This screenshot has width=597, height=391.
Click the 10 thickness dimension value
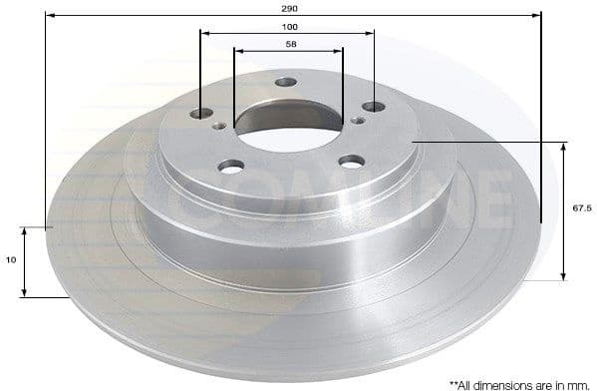(x=10, y=260)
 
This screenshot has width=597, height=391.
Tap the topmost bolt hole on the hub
(x=286, y=82)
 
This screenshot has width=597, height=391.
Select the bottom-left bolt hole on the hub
(x=231, y=167)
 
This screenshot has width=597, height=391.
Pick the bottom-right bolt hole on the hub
(x=350, y=161)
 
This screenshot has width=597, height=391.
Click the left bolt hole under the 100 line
(x=201, y=114)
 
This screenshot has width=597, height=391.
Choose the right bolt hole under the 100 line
(x=373, y=106)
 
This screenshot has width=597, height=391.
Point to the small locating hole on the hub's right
(x=356, y=121)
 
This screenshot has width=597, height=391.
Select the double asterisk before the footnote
(x=453, y=381)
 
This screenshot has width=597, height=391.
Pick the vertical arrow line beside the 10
(x=24, y=261)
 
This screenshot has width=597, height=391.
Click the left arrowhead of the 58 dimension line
(x=237, y=49)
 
